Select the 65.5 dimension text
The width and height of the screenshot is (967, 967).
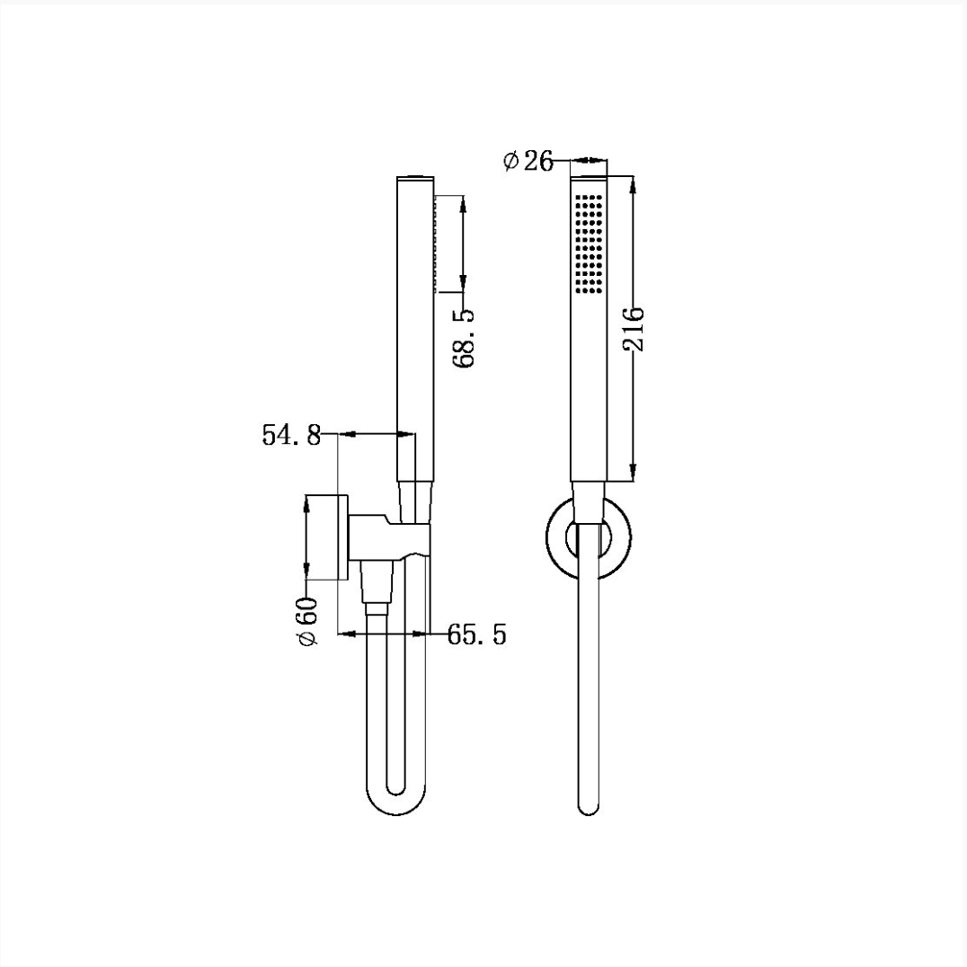[x=476, y=634]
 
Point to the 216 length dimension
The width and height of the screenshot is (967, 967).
[x=634, y=329]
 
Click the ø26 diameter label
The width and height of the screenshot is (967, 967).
[x=528, y=162]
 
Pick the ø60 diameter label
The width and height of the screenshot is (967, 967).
[x=307, y=621]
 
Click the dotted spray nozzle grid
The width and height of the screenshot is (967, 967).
[x=589, y=244]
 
